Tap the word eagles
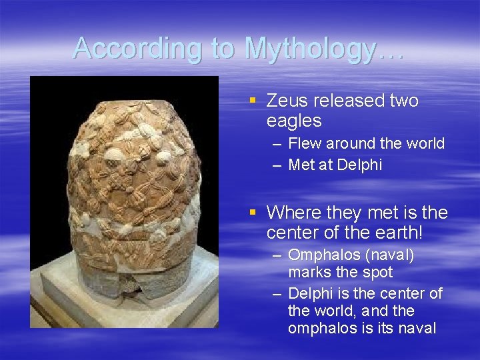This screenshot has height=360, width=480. pos(294,121)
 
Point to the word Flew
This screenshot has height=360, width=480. pos(305,143)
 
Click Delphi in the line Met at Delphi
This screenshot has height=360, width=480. pos(360,165)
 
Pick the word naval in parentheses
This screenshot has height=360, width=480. pos(390,255)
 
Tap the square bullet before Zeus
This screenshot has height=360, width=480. pos(253,101)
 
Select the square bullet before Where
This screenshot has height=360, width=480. pos(253,213)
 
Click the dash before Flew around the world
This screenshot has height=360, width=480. pos(276,144)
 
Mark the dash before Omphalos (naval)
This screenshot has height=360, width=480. pos(276,256)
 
